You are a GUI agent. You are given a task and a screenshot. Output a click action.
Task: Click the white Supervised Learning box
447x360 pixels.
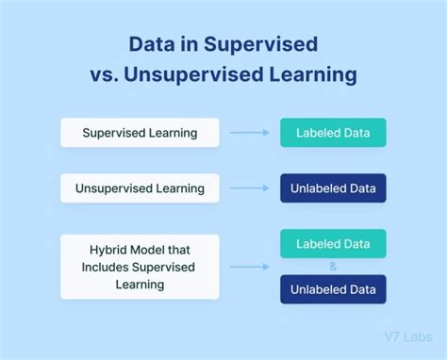(x=140, y=133)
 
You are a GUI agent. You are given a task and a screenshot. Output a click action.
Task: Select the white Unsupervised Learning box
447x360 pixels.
(x=140, y=188)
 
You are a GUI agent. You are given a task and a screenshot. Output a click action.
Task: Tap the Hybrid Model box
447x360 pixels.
(x=140, y=267)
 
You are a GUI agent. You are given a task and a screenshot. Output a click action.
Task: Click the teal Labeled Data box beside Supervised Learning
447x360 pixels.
(x=333, y=133)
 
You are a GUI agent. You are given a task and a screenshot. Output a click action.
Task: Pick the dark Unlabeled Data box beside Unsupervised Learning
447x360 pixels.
(x=333, y=188)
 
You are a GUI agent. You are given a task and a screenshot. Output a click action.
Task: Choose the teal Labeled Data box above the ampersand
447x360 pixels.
(x=333, y=244)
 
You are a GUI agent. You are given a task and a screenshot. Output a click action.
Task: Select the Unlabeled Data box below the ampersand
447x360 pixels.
(x=333, y=288)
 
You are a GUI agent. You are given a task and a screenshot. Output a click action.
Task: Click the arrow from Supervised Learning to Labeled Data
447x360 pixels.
(x=250, y=133)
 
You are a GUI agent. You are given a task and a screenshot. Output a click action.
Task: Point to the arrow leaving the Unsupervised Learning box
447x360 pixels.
(x=250, y=188)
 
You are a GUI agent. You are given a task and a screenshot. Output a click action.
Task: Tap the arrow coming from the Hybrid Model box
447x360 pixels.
(x=250, y=267)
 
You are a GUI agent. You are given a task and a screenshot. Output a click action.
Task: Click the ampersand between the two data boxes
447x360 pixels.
(x=333, y=267)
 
